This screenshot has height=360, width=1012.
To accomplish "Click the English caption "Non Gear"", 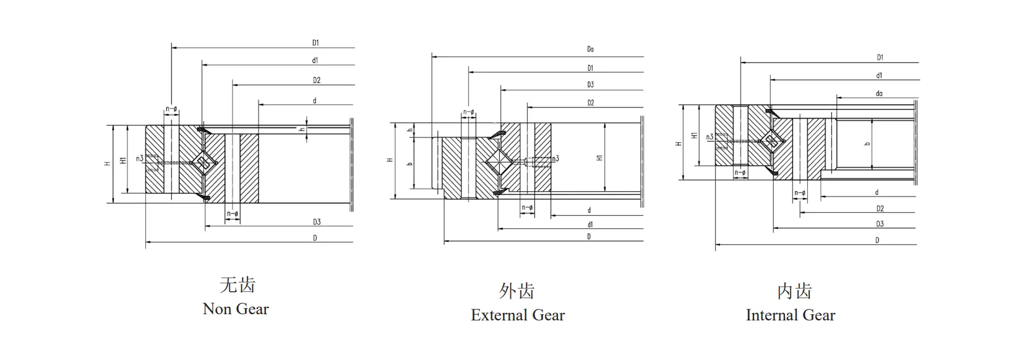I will pyautogui.click(x=236, y=309).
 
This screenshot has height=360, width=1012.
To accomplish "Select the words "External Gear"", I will pyautogui.click(x=518, y=315).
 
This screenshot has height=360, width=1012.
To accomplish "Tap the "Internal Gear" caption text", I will pyautogui.click(x=790, y=315).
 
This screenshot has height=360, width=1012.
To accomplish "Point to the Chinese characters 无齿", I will pyautogui.click(x=238, y=285).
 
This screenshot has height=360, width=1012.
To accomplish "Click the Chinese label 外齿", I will pyautogui.click(x=517, y=291).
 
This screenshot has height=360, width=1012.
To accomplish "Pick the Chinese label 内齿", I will pyautogui.click(x=794, y=291).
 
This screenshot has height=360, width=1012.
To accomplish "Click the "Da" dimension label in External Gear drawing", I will pyautogui.click(x=590, y=49).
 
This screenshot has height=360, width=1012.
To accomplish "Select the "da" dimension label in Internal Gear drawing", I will pyautogui.click(x=879, y=94).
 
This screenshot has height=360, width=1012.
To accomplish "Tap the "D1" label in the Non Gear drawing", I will pyautogui.click(x=315, y=43).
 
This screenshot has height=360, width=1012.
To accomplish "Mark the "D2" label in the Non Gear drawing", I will pyautogui.click(x=316, y=80).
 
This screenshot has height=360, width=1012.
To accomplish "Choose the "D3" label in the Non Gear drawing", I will pyautogui.click(x=317, y=222).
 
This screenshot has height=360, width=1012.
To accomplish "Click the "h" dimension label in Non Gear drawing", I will pyautogui.click(x=302, y=130).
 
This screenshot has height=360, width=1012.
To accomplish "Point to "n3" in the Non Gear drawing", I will pyautogui.click(x=140, y=159).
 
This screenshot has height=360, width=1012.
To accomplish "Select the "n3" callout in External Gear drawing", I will pyautogui.click(x=555, y=159).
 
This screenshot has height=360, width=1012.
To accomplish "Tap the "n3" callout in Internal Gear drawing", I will pyautogui.click(x=710, y=137).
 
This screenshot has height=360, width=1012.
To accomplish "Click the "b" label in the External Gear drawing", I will pyautogui.click(x=410, y=164).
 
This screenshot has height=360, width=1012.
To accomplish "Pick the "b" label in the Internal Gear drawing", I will pyautogui.click(x=867, y=144).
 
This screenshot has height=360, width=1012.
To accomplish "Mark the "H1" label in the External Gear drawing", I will pyautogui.click(x=599, y=158).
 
